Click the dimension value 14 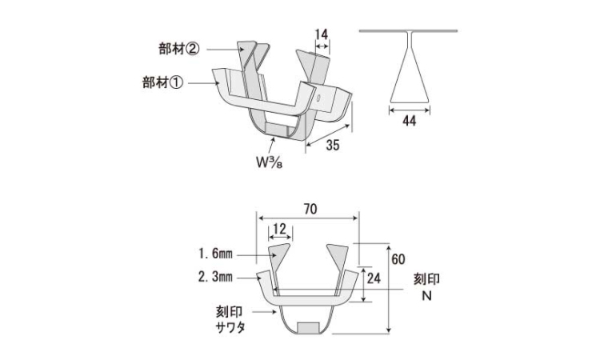322,34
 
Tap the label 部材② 179,49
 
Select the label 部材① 162,82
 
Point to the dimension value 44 409,121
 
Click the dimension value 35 333,145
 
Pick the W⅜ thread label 270,162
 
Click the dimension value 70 310,209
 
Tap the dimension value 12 280,229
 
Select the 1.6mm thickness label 215,254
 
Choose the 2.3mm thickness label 215,276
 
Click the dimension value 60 398,259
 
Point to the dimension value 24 374,278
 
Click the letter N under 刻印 426,296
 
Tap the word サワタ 230,328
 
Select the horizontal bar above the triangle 408,30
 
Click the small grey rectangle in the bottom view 309,327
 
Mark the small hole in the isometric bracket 318,97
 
